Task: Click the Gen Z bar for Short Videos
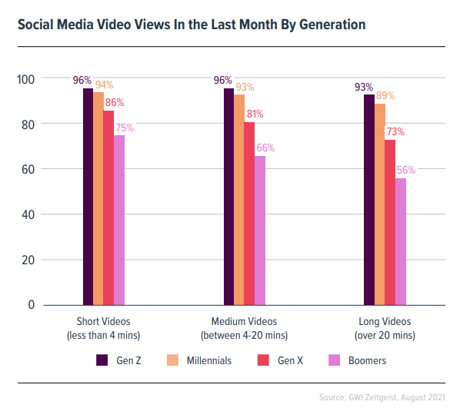click(x=88, y=197)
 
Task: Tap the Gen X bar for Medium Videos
click(x=249, y=214)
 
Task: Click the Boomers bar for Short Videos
click(x=119, y=220)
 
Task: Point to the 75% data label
click(x=124, y=128)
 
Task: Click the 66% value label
click(x=265, y=148)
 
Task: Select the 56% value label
click(x=405, y=171)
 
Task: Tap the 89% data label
click(x=385, y=96)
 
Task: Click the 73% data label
click(x=395, y=132)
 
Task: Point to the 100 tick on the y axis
click(x=26, y=79)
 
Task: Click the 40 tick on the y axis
click(x=29, y=214)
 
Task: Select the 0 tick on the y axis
click(x=32, y=305)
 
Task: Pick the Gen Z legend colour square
click(x=102, y=360)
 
